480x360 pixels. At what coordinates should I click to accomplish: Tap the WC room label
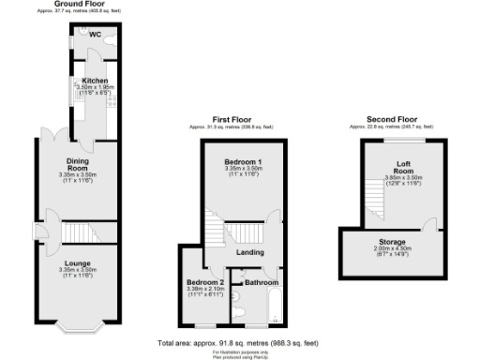point(95,35)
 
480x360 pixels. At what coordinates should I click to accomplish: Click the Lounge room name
point(77,263)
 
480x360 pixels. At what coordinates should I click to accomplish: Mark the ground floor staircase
point(79,232)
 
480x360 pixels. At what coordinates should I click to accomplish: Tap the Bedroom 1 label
point(242,161)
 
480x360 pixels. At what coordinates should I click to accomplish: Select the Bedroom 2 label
point(204,282)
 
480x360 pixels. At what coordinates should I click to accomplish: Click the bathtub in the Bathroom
point(275,305)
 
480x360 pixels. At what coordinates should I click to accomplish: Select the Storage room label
point(393,242)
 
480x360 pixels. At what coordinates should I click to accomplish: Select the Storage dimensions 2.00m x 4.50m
point(393,248)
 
